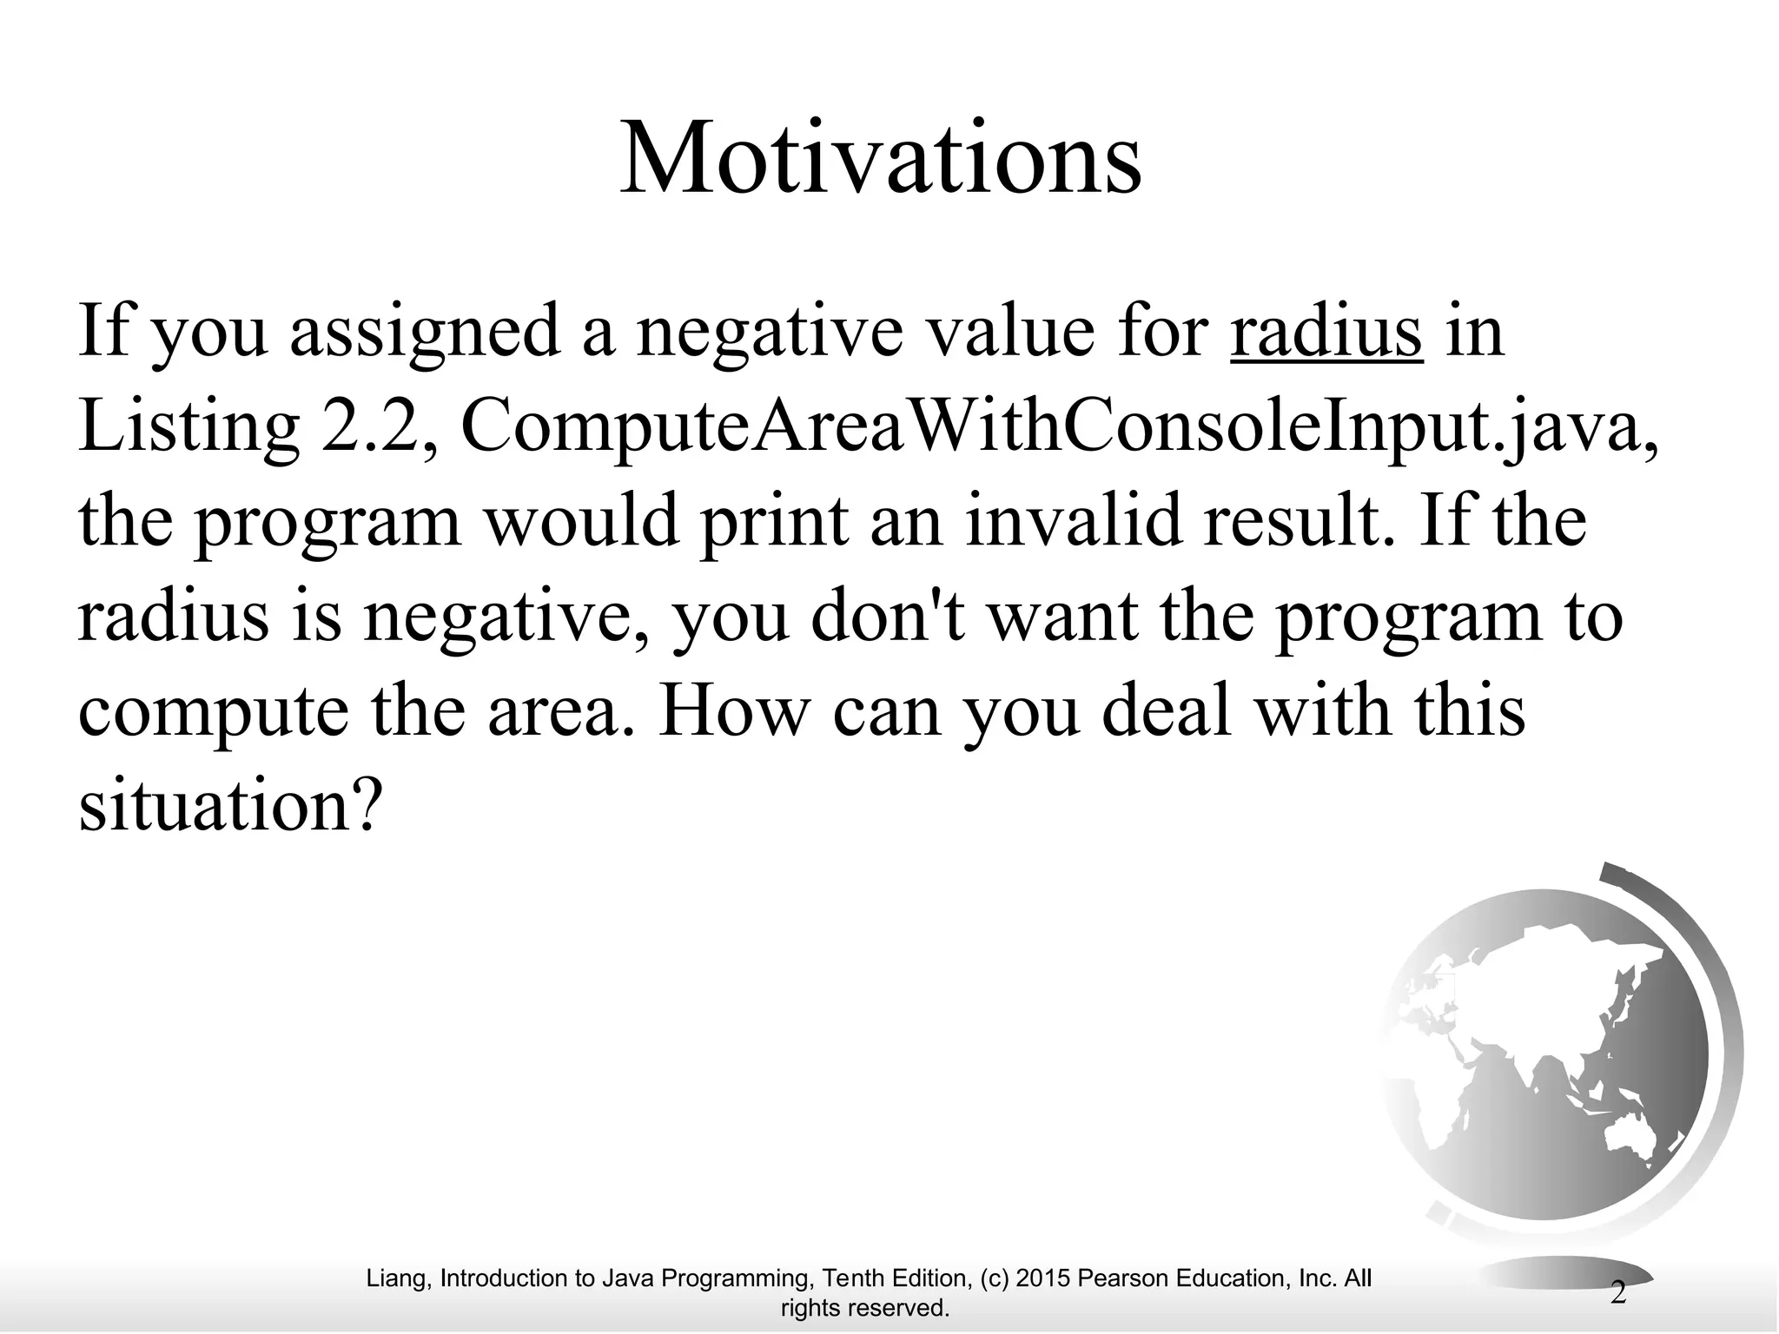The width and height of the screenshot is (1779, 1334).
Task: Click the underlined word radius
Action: point(1326,333)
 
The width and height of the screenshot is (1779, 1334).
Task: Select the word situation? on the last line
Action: point(230,805)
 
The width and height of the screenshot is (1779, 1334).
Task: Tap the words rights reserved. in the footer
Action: point(865,1308)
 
